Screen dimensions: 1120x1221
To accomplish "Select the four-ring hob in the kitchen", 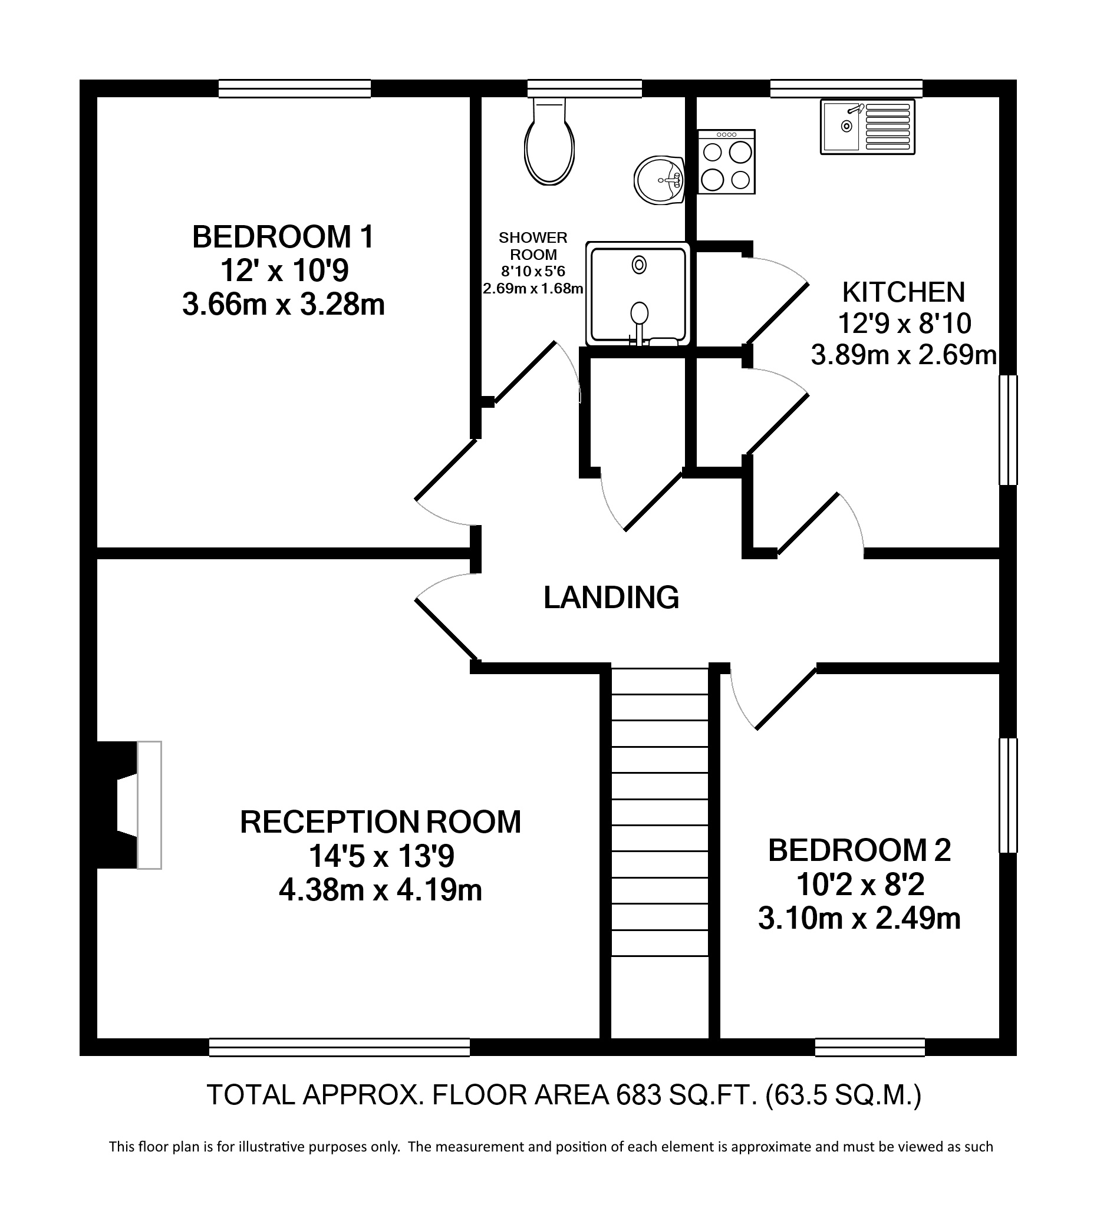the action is click(x=726, y=162).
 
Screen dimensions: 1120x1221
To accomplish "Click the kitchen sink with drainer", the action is click(x=867, y=127).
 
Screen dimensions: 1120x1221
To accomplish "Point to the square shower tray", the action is click(x=638, y=294).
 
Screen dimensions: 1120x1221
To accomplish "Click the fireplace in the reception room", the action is click(x=129, y=806).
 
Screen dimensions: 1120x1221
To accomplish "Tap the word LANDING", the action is click(x=611, y=598).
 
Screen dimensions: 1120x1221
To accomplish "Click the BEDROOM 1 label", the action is click(x=283, y=237).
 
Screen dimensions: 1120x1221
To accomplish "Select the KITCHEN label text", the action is click(x=904, y=293).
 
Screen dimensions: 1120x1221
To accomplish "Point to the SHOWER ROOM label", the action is click(x=533, y=246).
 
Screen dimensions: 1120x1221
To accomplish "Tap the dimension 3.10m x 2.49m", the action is click(x=859, y=919).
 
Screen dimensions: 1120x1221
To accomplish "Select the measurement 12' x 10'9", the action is click(x=284, y=270).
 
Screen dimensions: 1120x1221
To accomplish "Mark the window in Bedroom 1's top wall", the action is click(x=295, y=89).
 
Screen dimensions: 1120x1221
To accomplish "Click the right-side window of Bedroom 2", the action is click(x=1008, y=795).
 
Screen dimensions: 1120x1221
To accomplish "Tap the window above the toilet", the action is click(x=584, y=89).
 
